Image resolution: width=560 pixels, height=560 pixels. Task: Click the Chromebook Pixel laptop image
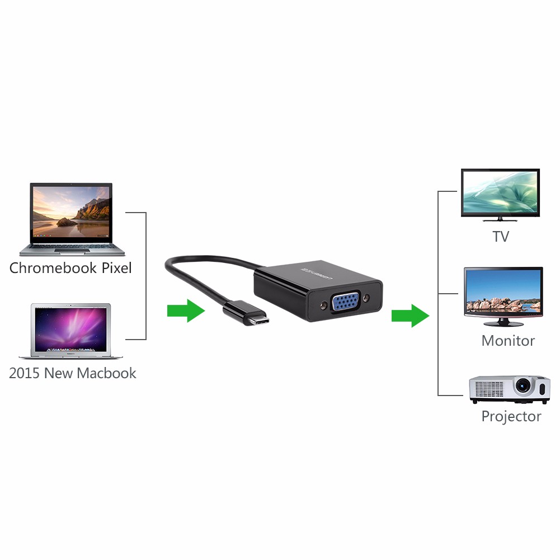click(71, 218)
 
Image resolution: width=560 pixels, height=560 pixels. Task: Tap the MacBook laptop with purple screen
click(71, 330)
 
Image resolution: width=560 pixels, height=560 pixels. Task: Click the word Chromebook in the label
click(53, 268)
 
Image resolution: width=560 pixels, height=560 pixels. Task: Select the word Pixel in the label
click(116, 268)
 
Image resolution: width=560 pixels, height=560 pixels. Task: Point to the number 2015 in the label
click(25, 373)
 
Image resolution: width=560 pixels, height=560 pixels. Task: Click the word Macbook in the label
click(106, 373)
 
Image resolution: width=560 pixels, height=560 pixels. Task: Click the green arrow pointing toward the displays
click(410, 316)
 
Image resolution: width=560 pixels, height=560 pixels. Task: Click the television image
click(500, 194)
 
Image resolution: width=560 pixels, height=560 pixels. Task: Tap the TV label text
click(501, 237)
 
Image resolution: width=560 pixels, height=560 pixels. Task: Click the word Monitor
click(508, 341)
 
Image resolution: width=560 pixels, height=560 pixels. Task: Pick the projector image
click(509, 389)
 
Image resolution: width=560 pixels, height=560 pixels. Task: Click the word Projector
click(511, 416)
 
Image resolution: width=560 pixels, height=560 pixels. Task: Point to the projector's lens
click(523, 385)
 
